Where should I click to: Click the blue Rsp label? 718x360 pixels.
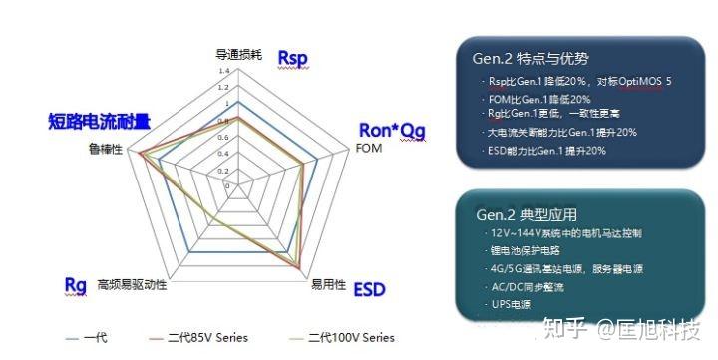tap(293, 58)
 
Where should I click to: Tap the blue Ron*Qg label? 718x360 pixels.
tap(390, 130)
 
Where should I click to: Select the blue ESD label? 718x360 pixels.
tap(370, 290)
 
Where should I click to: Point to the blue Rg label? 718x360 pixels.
tap(75, 285)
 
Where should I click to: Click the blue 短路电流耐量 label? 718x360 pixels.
tap(100, 122)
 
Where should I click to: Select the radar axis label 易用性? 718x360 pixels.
tap(328, 285)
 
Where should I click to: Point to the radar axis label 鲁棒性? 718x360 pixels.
tap(105, 149)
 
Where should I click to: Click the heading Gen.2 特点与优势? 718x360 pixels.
tap(531, 58)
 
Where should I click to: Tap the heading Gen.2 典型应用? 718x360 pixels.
tap(528, 214)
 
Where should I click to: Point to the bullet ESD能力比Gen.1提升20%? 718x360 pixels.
tap(547, 150)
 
